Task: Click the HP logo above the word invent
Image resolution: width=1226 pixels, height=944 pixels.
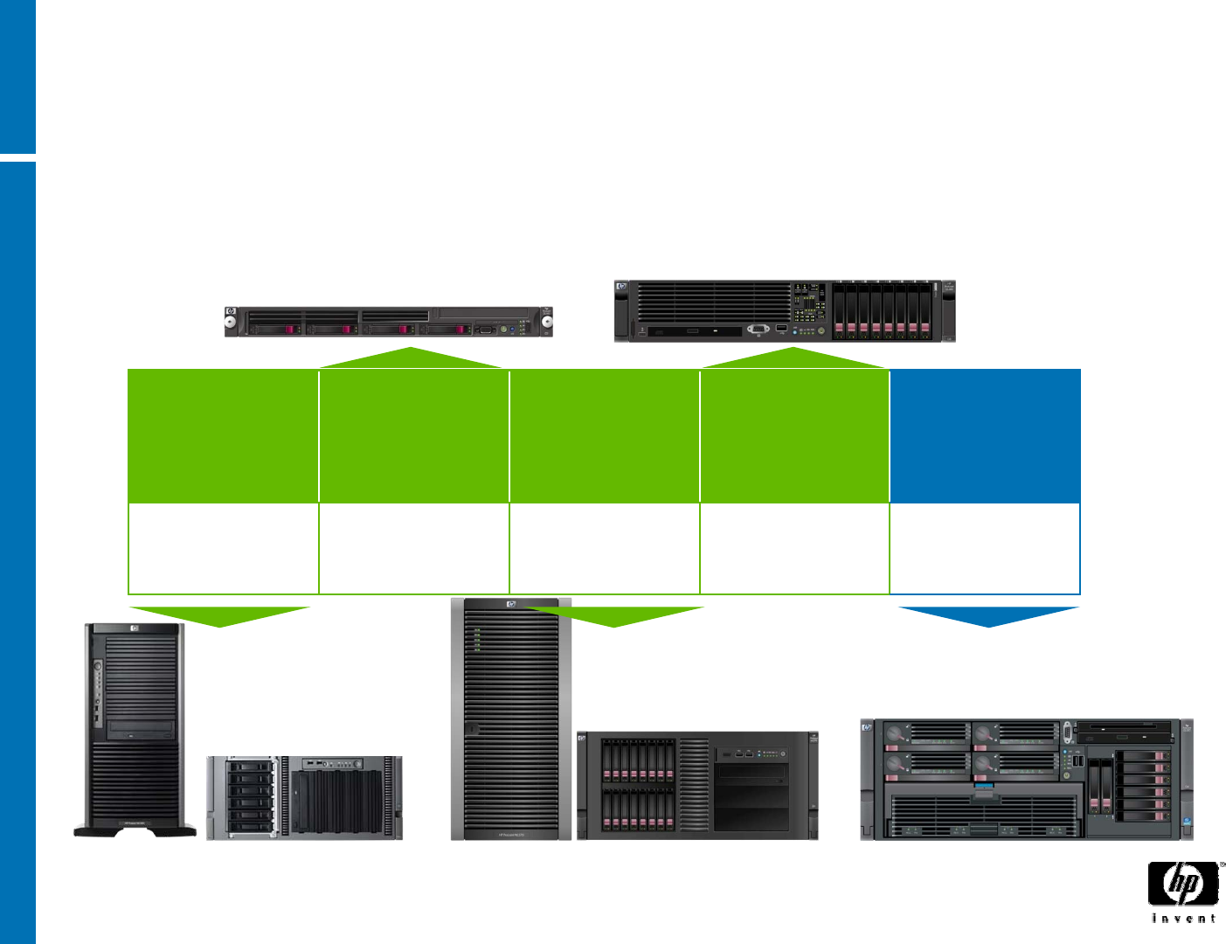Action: [1183, 885]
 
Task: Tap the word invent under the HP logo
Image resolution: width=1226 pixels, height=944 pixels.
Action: [1183, 918]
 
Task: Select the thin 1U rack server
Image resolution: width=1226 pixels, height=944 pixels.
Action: [389, 322]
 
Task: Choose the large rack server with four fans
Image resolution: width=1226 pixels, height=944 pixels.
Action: [1027, 780]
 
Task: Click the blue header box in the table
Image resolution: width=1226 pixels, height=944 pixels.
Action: [985, 435]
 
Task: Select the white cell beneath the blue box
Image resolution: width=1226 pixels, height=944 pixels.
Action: [985, 549]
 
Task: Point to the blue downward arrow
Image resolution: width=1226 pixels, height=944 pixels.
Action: [988, 616]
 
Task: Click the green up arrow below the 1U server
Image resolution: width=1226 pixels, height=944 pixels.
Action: [411, 358]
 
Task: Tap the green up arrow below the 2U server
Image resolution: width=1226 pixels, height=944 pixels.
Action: [793, 358]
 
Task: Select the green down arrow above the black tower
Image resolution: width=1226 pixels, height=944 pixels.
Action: [219, 616]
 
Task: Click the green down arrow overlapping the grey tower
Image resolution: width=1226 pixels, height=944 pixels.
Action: [614, 616]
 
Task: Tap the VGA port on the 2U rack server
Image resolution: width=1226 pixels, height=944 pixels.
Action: [758, 330]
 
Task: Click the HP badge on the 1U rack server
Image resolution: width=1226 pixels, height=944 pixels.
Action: [231, 312]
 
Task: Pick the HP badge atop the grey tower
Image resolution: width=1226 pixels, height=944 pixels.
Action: [511, 604]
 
